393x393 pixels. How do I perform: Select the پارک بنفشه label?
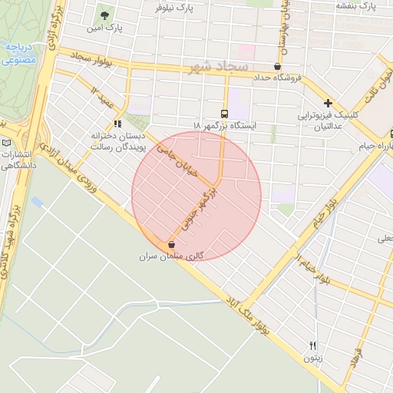(x=357, y=5)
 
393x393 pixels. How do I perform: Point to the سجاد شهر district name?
(x=218, y=68)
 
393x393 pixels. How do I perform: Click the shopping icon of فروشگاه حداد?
(x=277, y=66)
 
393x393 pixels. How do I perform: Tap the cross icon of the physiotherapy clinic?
(x=329, y=103)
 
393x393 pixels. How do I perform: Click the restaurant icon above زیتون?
(x=312, y=345)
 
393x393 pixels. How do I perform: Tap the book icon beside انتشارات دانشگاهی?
(x=7, y=143)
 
